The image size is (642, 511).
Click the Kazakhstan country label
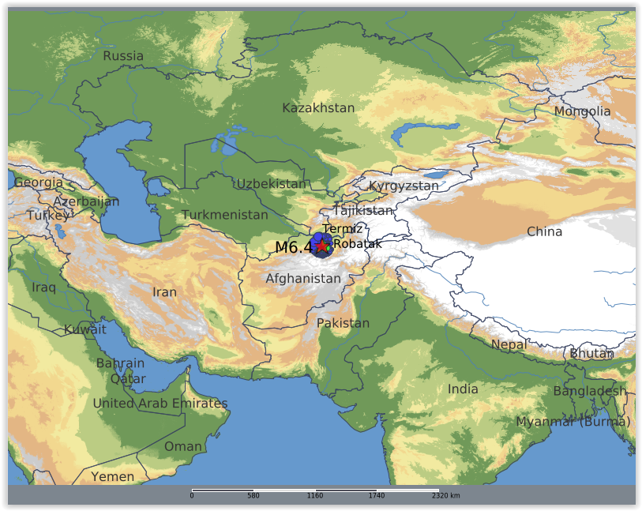[318, 108]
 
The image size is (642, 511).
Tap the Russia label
[123, 56]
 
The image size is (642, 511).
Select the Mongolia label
[582, 111]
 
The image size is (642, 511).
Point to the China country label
[544, 231]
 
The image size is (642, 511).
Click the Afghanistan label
[303, 279]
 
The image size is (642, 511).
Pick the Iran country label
[164, 292]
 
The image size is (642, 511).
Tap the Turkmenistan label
[225, 215]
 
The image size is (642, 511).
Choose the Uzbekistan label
[271, 184]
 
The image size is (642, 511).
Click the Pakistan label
[343, 323]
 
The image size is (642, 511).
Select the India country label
[463, 389]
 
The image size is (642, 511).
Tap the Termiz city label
[342, 228]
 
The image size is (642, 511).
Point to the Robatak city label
[357, 244]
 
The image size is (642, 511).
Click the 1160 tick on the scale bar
[315, 496]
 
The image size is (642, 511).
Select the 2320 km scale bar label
[445, 496]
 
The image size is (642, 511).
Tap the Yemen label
[112, 477]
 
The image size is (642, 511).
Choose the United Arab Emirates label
[160, 404]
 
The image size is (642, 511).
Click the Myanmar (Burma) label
[573, 422]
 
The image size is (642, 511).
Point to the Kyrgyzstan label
[404, 186]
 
